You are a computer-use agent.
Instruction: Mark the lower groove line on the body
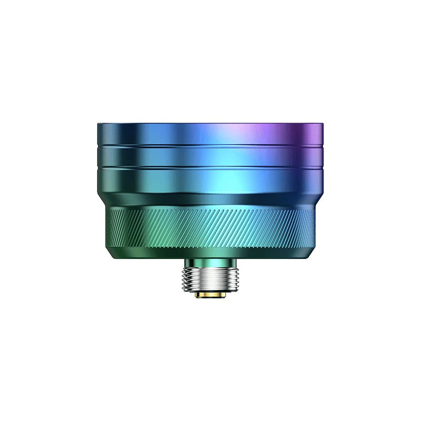tap(210, 167)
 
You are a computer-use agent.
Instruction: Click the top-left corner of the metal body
tap(98, 124)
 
